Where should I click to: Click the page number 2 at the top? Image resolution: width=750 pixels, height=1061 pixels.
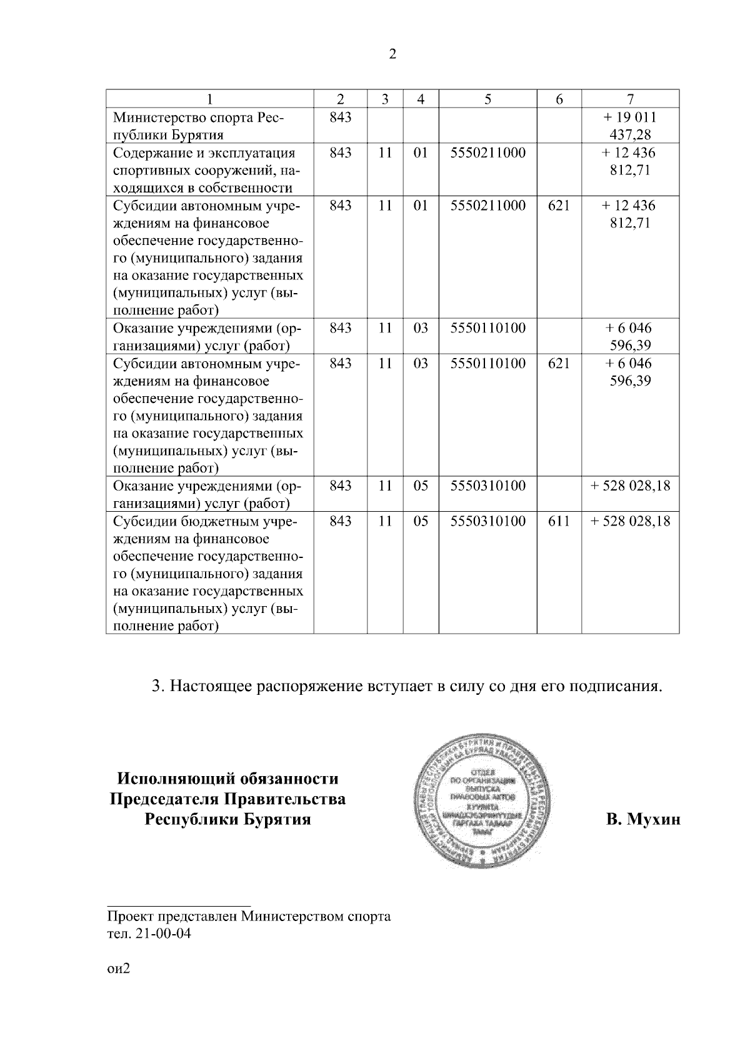[392, 54]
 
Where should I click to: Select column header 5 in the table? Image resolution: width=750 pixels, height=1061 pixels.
[487, 99]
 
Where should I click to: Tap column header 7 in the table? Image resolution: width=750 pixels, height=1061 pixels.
[630, 99]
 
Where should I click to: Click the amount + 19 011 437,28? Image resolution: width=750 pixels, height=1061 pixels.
[630, 126]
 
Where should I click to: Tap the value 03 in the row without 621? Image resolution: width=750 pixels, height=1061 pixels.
[421, 328]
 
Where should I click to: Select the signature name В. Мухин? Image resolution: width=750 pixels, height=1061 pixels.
[642, 819]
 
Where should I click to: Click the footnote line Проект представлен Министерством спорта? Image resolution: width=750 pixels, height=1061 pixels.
[249, 917]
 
